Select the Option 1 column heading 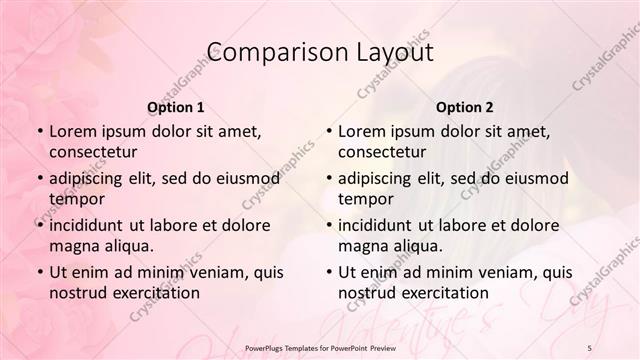pyautogui.click(x=175, y=106)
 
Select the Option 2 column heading pyautogui.click(x=464, y=106)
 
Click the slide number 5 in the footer pyautogui.click(x=590, y=347)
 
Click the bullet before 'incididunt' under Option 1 pyautogui.click(x=39, y=226)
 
